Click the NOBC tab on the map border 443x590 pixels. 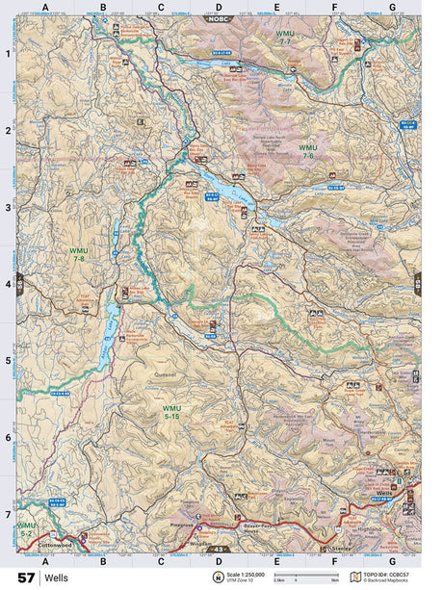pyautogui.click(x=219, y=18)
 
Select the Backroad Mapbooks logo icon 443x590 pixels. pyautogui.click(x=355, y=577)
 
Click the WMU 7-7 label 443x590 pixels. pyautogui.click(x=285, y=39)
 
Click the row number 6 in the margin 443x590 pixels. pyautogui.click(x=8, y=438)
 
